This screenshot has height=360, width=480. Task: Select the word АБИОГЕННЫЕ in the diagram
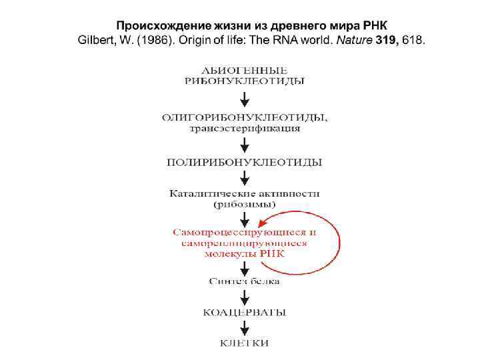[x=245, y=70]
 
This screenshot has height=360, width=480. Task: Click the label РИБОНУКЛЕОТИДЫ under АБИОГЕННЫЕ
[x=245, y=81]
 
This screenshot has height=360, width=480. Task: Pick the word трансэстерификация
[x=245, y=129]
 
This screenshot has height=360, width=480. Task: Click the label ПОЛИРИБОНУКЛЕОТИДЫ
[x=245, y=162]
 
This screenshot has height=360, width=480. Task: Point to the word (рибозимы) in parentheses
[x=245, y=205]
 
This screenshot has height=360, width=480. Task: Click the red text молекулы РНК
[x=245, y=255]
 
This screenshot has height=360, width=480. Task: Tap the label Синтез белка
[x=245, y=281]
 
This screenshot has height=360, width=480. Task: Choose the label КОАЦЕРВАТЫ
[x=245, y=312]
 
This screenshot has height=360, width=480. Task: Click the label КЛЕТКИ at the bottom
[x=245, y=343]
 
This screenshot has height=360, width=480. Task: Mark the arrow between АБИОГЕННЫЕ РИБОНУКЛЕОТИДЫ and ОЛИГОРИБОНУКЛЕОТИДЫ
[x=245, y=98]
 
